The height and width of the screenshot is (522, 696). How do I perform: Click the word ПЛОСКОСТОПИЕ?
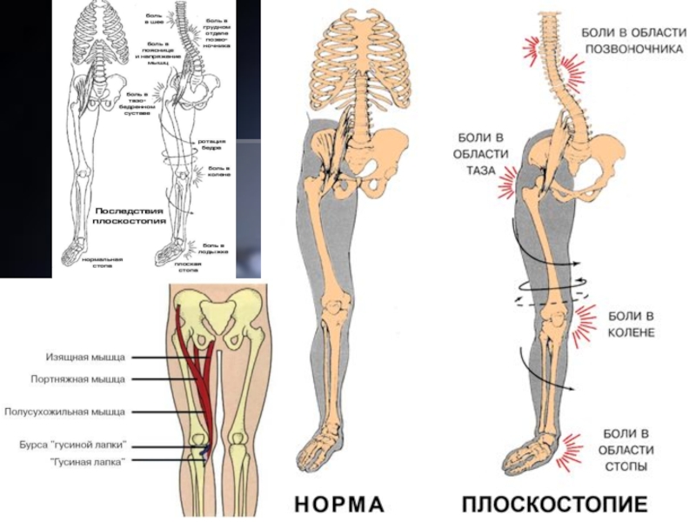554,505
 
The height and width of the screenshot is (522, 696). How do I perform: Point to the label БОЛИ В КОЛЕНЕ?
631,324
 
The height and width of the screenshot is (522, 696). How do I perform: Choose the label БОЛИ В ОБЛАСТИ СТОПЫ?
623,450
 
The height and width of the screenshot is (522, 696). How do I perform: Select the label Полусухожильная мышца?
65,411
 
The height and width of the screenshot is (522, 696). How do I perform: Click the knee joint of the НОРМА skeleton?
333,310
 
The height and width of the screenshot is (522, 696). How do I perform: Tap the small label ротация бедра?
215,144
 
